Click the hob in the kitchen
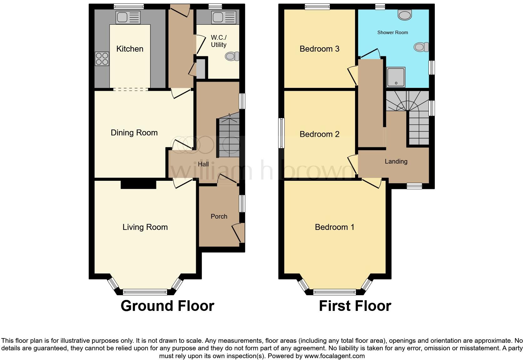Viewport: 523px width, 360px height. click(102, 59)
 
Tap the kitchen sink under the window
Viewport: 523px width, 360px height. click(128, 18)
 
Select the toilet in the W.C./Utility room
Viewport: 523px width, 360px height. click(232, 56)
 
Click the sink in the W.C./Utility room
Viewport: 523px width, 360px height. click(224, 18)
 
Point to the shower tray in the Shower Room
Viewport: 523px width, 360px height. click(396, 77)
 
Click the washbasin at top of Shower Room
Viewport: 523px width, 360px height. click(405, 15)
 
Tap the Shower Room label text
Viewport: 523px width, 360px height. click(392, 33)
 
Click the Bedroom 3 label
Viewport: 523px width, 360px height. click(319, 49)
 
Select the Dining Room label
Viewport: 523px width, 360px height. click(134, 133)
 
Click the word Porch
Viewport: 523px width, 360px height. click(219, 216)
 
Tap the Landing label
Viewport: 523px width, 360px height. click(396, 161)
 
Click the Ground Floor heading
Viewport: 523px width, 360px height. click(167, 306)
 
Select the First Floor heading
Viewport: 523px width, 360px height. click(355, 306)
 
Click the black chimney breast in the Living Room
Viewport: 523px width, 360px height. click(138, 185)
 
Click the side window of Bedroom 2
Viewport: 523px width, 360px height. click(282, 133)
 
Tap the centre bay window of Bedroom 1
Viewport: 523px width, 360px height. click(334, 292)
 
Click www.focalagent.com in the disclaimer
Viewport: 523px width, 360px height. click(334, 356)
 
